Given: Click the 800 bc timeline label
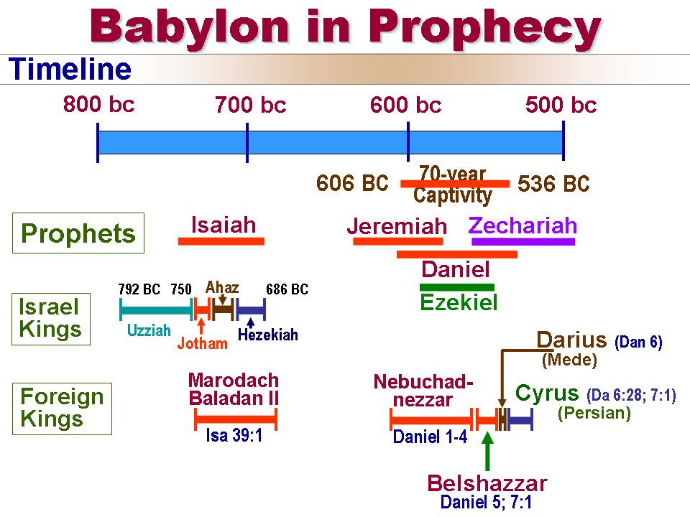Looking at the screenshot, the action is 98,105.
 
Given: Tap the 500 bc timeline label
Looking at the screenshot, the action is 561,105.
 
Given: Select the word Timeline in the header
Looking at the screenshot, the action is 70,69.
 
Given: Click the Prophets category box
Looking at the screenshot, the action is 78,233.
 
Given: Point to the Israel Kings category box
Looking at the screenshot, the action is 51,319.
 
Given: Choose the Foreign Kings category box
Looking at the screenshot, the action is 62,409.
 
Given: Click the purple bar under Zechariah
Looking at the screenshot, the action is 523,241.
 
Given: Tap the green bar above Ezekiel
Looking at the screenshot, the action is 457,287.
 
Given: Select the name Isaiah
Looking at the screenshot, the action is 224,225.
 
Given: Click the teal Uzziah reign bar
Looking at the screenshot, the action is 157,309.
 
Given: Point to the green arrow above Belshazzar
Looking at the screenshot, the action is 487,452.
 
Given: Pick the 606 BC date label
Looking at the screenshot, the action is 352,183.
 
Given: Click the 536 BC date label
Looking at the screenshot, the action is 553,184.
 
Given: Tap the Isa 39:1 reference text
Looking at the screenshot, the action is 234,435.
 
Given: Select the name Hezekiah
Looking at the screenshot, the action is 267,335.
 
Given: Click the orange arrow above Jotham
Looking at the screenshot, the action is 201,326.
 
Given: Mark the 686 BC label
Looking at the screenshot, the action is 287,289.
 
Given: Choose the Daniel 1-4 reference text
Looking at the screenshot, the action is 430,437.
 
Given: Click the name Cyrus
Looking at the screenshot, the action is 546,393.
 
